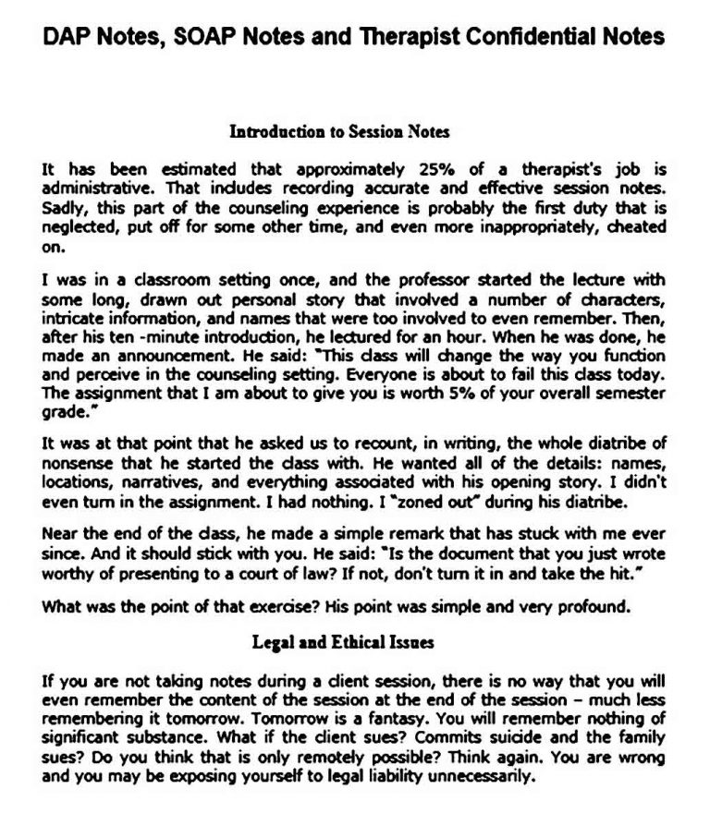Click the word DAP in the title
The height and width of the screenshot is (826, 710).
[x=68, y=36]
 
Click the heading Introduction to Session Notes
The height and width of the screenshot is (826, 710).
[x=339, y=132]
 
